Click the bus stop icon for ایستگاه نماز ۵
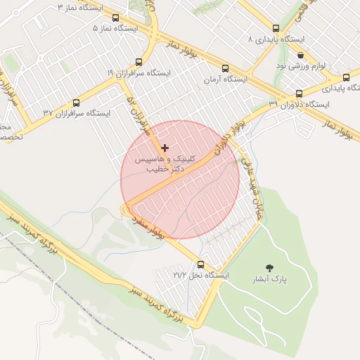click(115, 18)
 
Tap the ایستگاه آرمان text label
click(225, 79)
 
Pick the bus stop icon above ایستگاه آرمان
click(225, 69)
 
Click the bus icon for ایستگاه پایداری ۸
click(276, 29)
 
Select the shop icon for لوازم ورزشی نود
click(301, 55)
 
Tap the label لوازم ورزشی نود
click(300, 65)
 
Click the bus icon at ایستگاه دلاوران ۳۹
click(299, 94)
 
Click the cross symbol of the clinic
click(165, 148)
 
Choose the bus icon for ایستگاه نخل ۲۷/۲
click(201, 265)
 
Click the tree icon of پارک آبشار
click(269, 268)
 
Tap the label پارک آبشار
click(269, 279)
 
